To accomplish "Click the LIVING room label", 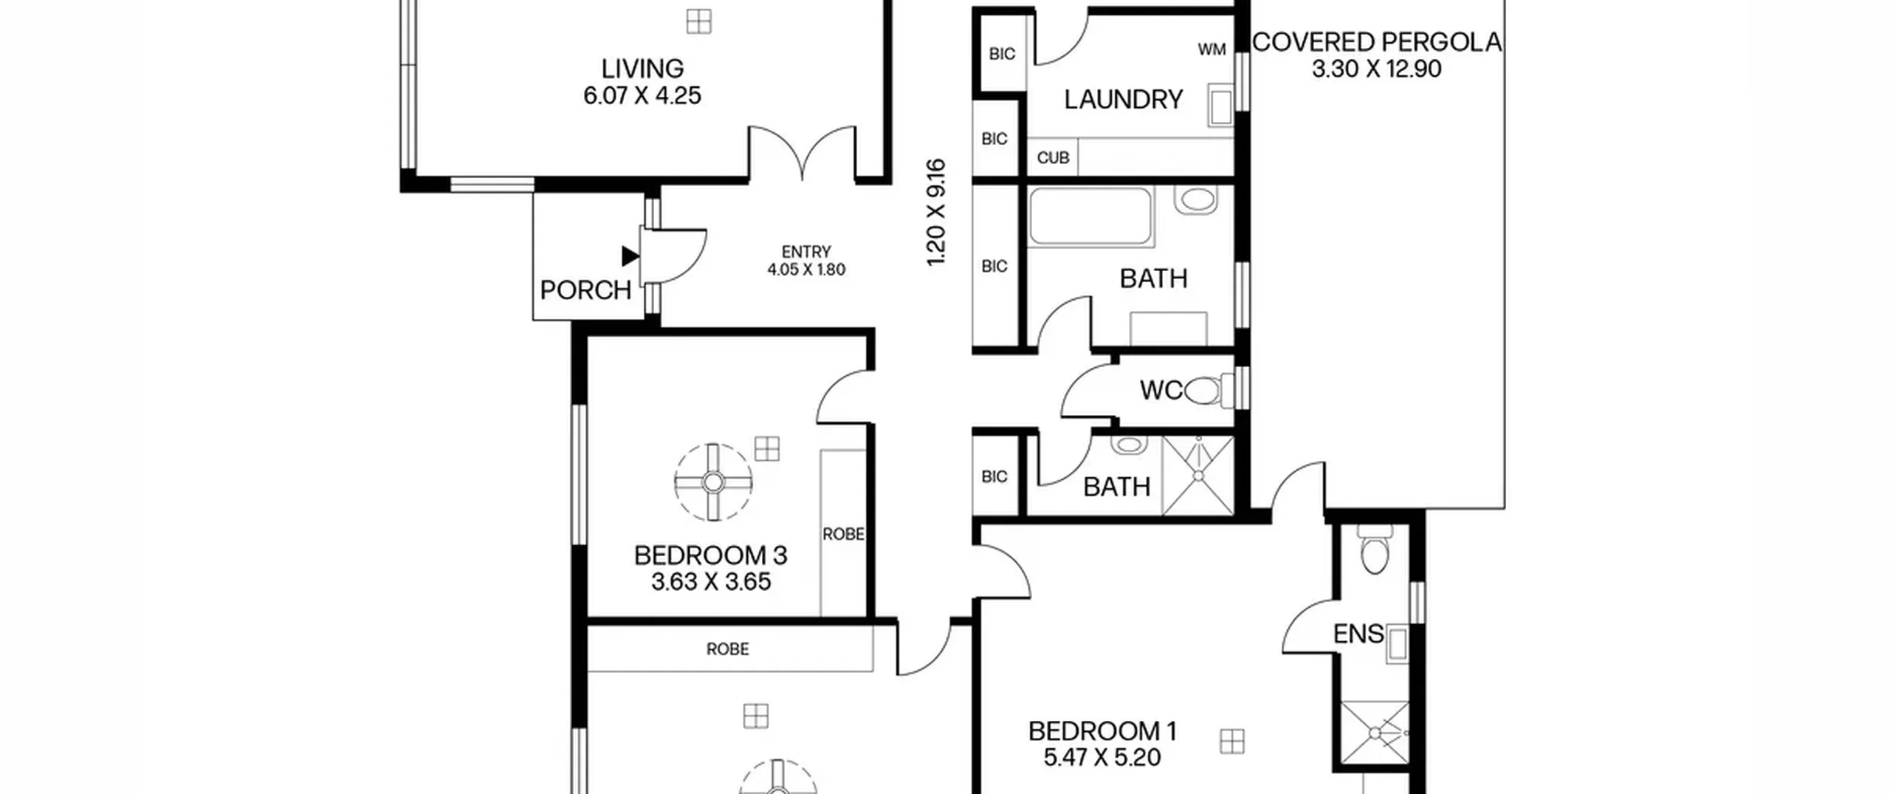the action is (x=642, y=69).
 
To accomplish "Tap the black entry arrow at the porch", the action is (x=629, y=256).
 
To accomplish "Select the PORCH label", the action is (x=585, y=290).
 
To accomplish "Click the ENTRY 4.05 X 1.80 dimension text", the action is (x=806, y=270).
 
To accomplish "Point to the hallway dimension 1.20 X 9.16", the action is (x=936, y=213).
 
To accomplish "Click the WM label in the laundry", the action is (x=1212, y=49).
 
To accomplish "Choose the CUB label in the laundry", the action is (x=1053, y=158).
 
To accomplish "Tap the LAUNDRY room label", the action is (x=1123, y=100).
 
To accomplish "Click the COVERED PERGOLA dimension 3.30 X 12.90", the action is (x=1376, y=69).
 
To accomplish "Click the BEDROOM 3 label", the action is (x=710, y=555).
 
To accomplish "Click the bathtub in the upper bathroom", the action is (x=1091, y=216).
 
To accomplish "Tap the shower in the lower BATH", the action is (x=1198, y=476).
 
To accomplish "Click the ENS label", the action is (x=1358, y=634).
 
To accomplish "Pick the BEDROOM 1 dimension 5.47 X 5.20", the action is (x=1102, y=758).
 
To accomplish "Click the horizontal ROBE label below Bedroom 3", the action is (x=727, y=649).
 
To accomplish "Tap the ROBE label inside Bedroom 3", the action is (x=843, y=533).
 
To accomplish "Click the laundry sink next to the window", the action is (x=1220, y=105).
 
